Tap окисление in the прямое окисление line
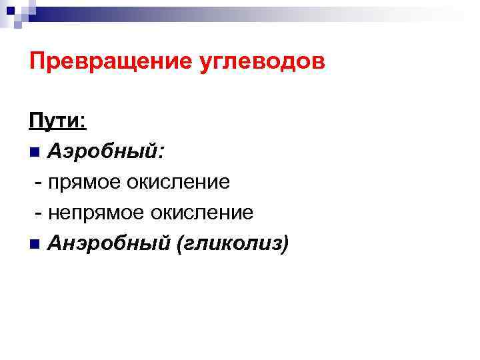[181, 182]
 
